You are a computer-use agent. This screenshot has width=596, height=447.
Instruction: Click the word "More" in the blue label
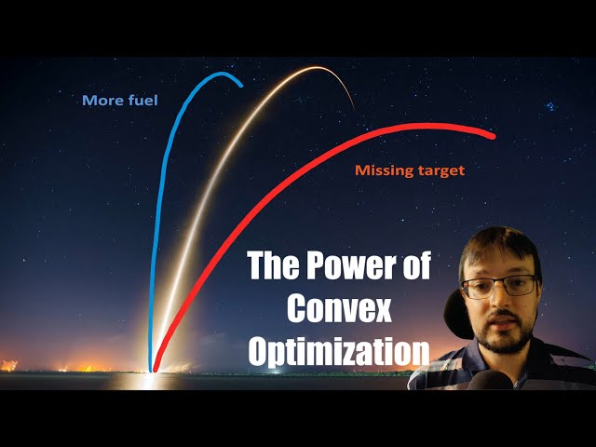coord(100,101)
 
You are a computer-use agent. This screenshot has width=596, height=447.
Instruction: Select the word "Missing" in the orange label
coord(384,171)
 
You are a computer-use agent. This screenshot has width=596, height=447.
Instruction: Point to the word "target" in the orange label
coord(440,172)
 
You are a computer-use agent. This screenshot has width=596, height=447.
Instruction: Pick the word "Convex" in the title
coord(339,309)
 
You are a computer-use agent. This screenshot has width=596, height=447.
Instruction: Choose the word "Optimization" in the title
coord(339,351)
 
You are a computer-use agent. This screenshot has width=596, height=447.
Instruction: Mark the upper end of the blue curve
coord(242,86)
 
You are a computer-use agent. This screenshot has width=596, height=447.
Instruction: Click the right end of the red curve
coord(493,136)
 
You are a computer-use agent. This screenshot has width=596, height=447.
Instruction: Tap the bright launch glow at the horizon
coord(149,377)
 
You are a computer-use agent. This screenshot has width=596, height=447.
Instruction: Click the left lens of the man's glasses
coord(477,287)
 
